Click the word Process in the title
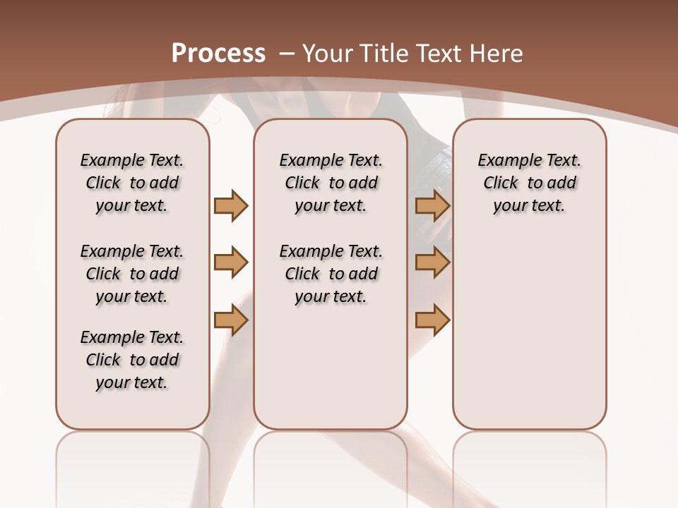click(218, 54)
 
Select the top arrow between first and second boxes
click(231, 205)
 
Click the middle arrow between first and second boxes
click(231, 262)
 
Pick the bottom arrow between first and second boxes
click(231, 320)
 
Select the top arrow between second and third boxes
click(432, 205)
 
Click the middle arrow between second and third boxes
click(432, 262)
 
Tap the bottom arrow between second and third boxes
click(432, 320)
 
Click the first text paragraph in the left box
click(132, 183)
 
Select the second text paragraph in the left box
click(132, 274)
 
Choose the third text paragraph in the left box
click(132, 360)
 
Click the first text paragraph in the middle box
click(331, 183)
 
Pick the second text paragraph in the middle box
click(331, 274)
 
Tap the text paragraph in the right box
click(530, 183)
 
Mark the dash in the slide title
click(287, 54)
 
